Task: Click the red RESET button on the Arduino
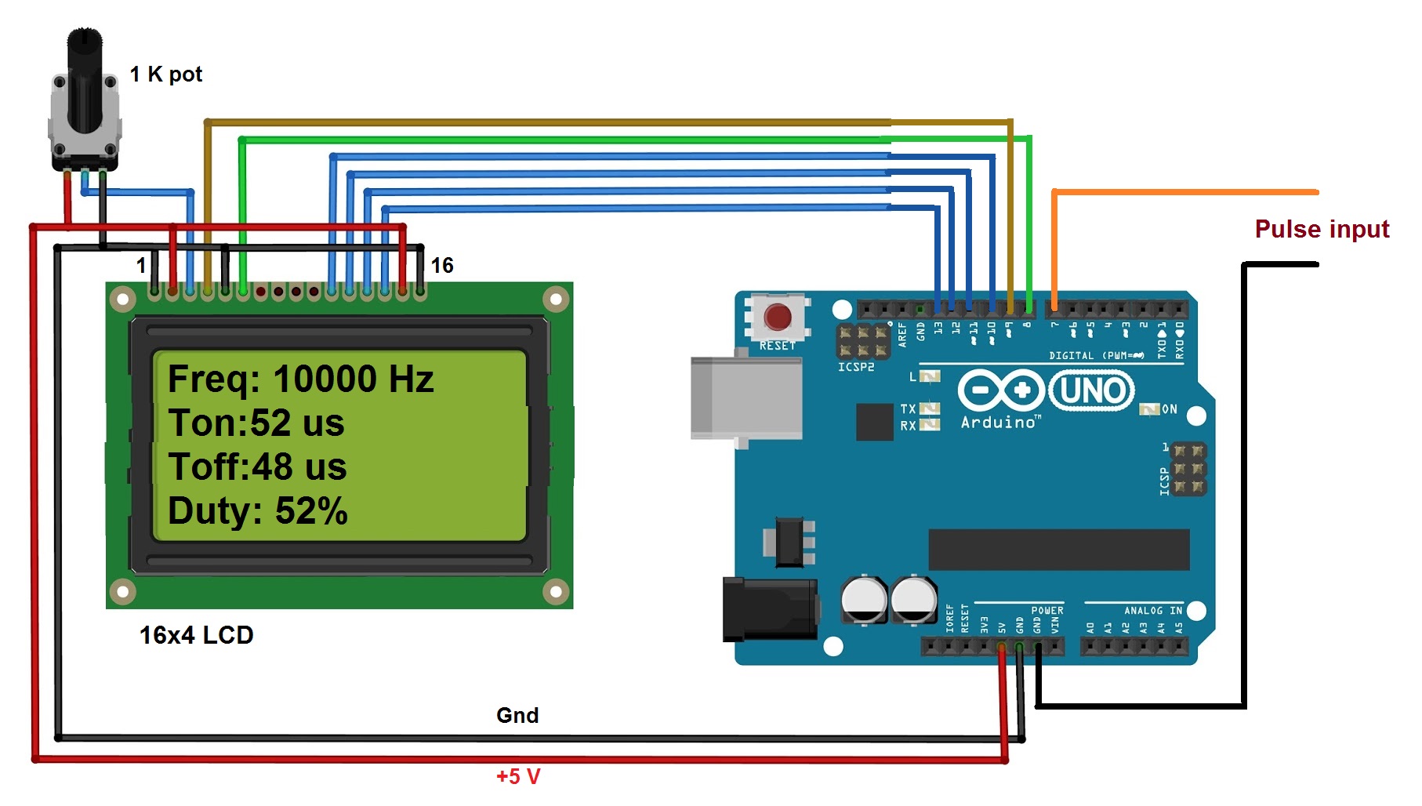[x=777, y=317]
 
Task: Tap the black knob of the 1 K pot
[x=85, y=78]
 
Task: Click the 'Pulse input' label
[x=1322, y=229]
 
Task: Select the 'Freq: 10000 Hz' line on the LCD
[x=300, y=379]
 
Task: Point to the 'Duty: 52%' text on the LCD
[x=257, y=511]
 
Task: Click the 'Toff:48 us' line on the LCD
[x=257, y=467]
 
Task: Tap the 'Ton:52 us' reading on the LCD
[x=256, y=423]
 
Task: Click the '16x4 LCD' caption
[x=196, y=635]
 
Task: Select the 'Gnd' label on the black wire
[x=517, y=715]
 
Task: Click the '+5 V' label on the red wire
[x=518, y=776]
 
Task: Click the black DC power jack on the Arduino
[x=769, y=608]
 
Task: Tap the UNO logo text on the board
[x=1092, y=390]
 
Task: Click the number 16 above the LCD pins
[x=442, y=266]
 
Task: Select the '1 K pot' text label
[x=165, y=74]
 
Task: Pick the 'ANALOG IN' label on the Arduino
[x=1152, y=611]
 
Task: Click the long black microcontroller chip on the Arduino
[x=1058, y=549]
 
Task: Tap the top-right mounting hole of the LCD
[x=556, y=299]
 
